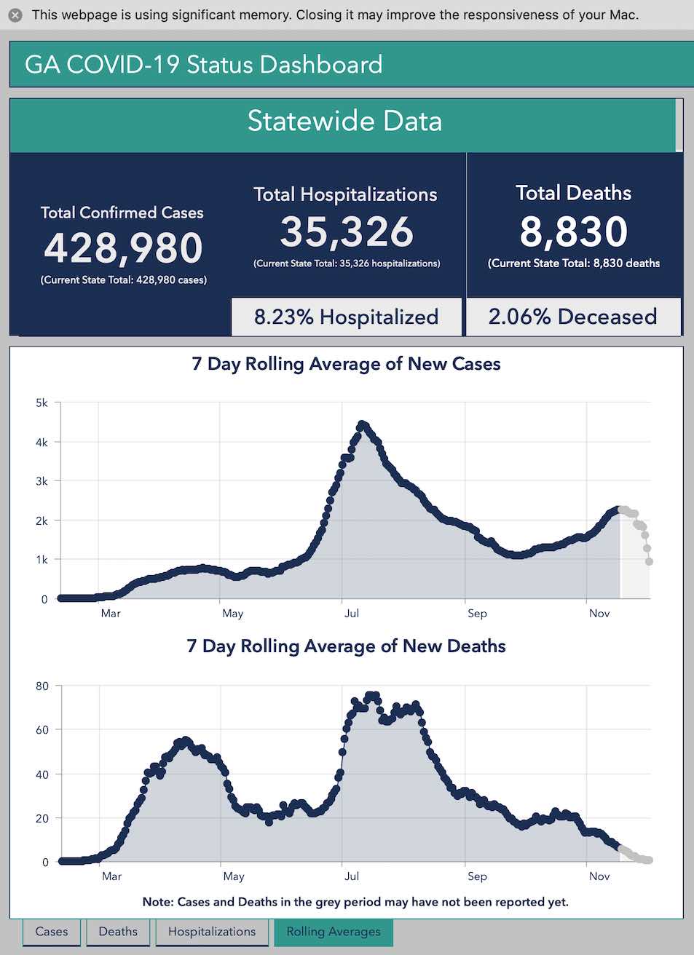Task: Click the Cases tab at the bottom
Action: pyautogui.click(x=52, y=932)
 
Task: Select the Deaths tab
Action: pyautogui.click(x=118, y=932)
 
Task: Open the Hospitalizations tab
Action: pyautogui.click(x=212, y=932)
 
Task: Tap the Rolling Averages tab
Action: pyautogui.click(x=334, y=932)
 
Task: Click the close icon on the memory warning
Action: pyautogui.click(x=15, y=15)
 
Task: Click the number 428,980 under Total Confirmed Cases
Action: pyautogui.click(x=124, y=248)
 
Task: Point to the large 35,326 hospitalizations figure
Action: pyautogui.click(x=347, y=232)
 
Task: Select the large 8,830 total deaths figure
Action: pyautogui.click(x=574, y=232)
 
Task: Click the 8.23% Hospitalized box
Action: pyautogui.click(x=347, y=317)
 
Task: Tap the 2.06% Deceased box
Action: pyautogui.click(x=573, y=317)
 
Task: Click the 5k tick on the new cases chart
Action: pyautogui.click(x=42, y=403)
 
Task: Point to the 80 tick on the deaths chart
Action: pyautogui.click(x=42, y=686)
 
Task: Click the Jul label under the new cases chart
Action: pyautogui.click(x=352, y=614)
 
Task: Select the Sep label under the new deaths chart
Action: pyautogui.click(x=477, y=876)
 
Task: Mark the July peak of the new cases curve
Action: pyautogui.click(x=363, y=424)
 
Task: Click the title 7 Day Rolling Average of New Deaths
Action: pyautogui.click(x=346, y=646)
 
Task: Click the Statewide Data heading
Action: pyautogui.click(x=344, y=122)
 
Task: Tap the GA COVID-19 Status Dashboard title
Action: pyautogui.click(x=204, y=65)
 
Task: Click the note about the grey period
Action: pyautogui.click(x=355, y=902)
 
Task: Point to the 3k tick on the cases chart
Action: pyautogui.click(x=42, y=482)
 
